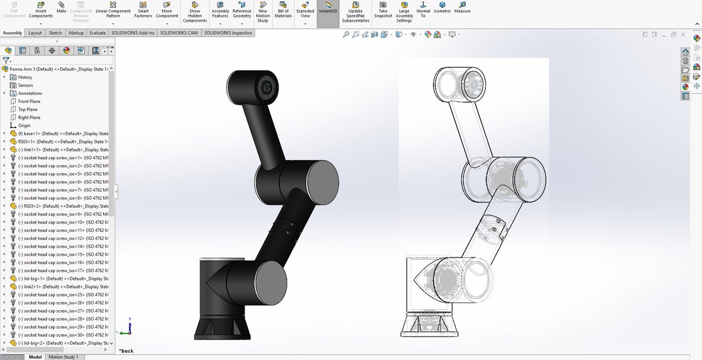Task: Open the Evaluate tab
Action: [x=97, y=33]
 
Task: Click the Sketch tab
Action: [x=55, y=33]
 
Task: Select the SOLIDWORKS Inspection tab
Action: [x=228, y=33]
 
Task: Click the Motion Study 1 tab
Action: [x=63, y=356]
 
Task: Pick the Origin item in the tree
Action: [x=24, y=125]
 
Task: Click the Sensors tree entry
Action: [x=26, y=85]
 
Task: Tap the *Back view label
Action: [x=126, y=351]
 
